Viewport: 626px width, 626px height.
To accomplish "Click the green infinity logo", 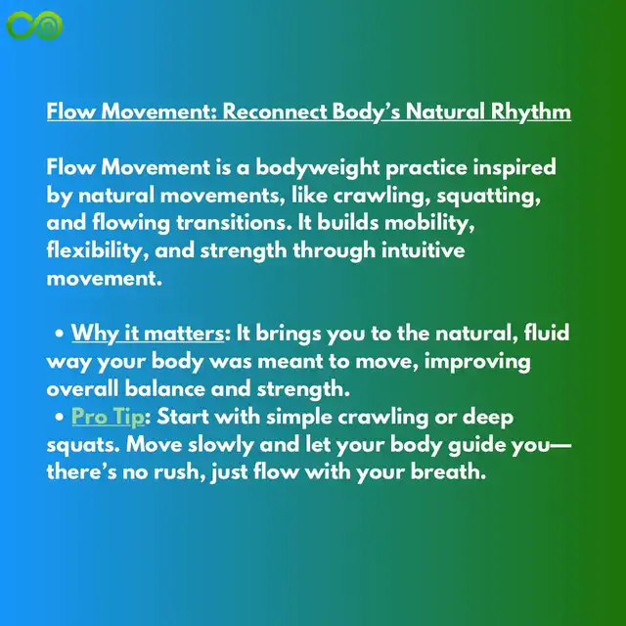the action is click(x=34, y=25).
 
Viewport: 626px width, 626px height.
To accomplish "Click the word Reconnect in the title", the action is click(x=275, y=111).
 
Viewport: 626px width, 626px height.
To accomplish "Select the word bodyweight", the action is click(x=317, y=167).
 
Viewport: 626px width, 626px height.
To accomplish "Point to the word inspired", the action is click(x=514, y=167).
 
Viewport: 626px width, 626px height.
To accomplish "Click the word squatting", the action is click(x=488, y=196).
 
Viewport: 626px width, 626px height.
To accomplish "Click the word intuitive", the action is click(x=424, y=250).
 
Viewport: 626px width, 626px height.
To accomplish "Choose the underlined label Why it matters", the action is click(x=148, y=333).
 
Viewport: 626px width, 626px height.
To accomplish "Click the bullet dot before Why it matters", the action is click(x=60, y=334).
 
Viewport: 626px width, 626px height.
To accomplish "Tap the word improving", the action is click(x=477, y=362).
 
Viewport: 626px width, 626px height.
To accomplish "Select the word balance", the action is click(x=164, y=389).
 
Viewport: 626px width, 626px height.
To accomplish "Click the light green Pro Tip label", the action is click(x=108, y=417).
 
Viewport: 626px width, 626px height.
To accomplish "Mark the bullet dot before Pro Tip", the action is click(x=60, y=418).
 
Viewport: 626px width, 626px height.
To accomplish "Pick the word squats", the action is click(x=83, y=445).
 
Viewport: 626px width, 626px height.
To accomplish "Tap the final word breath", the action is click(x=448, y=471).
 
